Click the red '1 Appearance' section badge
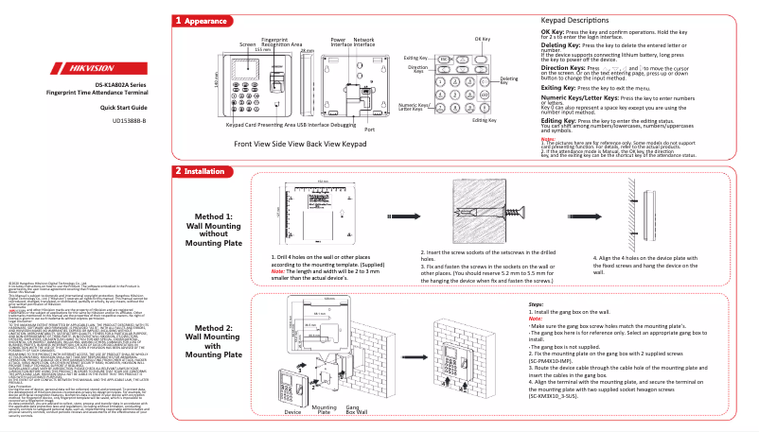click(x=201, y=20)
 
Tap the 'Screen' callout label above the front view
click(x=248, y=44)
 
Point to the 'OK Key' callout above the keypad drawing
click(x=482, y=39)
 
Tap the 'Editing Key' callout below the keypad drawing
click(x=484, y=120)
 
